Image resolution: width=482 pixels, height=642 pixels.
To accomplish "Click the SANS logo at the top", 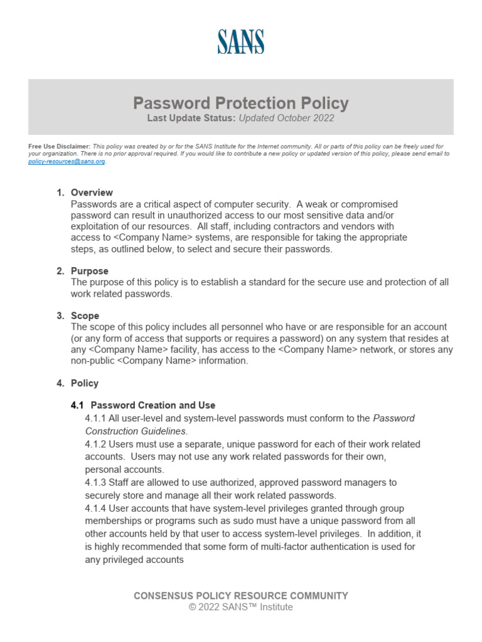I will coord(241,41).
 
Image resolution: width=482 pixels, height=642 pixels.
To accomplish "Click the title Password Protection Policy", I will coord(241,103).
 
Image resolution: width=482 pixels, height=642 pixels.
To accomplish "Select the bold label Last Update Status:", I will coord(191,118).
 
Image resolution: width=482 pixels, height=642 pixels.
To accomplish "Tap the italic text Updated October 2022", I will coord(287,118).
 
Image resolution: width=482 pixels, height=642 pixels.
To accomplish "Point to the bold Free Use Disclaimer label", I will coord(60,146).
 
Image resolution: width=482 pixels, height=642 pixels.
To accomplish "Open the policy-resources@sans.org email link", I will coord(67,161).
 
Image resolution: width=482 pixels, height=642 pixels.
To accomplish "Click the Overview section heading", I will coord(92,192).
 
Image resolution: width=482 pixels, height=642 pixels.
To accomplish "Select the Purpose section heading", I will coord(90,271).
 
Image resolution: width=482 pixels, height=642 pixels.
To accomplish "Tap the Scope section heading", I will coord(85,316).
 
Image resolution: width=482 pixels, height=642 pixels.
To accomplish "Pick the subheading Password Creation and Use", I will coord(154,405).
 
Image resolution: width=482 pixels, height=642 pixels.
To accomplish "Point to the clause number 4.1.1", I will coord(95,418).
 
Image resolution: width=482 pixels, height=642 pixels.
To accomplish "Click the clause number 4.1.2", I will coord(95,444).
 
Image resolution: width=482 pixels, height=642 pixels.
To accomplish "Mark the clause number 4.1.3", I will coord(95,483).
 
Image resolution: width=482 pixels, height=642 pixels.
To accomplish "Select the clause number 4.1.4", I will coord(95,508).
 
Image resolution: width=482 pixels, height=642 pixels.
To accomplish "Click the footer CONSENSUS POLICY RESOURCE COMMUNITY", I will coord(241,596).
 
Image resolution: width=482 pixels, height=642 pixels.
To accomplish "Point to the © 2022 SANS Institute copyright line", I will coord(241,607).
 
